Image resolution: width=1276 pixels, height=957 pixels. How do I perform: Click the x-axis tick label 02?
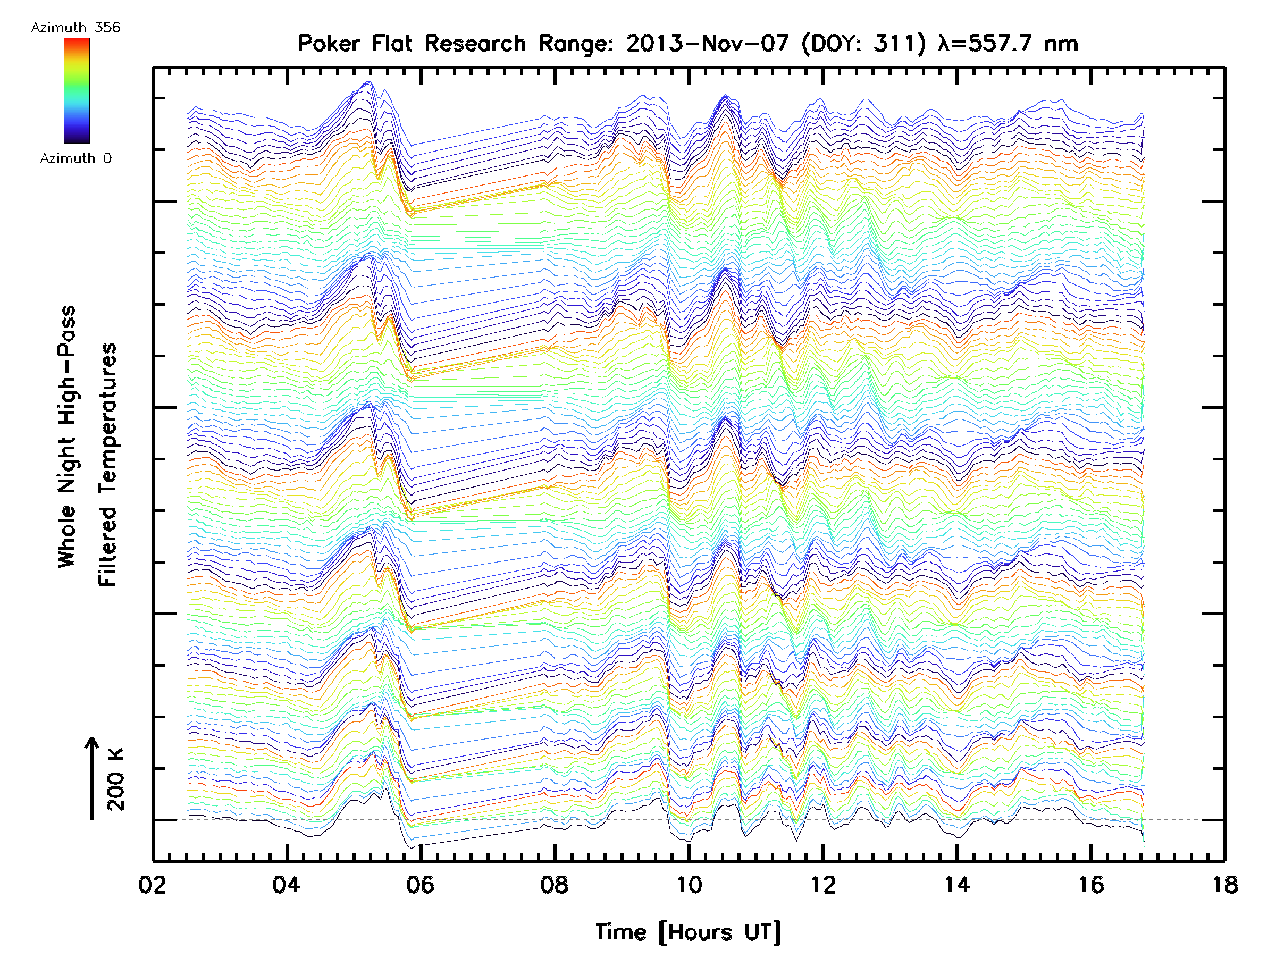click(x=152, y=884)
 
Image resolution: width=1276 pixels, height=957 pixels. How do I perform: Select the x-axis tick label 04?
click(x=286, y=884)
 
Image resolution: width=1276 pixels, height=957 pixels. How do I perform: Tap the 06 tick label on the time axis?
click(x=420, y=884)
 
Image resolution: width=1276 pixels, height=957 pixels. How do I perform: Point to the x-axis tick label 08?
click(x=555, y=884)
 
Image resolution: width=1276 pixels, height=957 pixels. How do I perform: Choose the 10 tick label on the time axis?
click(x=689, y=884)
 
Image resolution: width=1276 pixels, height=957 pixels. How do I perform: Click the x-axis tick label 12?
click(x=822, y=884)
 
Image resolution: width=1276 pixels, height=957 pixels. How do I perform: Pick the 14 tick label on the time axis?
click(x=956, y=884)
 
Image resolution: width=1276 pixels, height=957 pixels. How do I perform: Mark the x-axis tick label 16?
click(x=1091, y=884)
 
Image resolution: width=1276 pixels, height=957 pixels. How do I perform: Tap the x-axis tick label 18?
click(x=1224, y=884)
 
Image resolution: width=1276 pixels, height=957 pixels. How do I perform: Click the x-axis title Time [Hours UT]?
click(x=687, y=932)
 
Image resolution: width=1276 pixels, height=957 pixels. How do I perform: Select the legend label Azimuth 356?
click(x=75, y=28)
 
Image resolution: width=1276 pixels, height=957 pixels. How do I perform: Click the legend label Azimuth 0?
click(x=75, y=158)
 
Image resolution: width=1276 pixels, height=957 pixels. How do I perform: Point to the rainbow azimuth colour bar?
click(x=77, y=90)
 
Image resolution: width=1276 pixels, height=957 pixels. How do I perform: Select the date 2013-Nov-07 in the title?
click(x=707, y=44)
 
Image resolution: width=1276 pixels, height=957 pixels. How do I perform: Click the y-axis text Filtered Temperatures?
click(x=107, y=464)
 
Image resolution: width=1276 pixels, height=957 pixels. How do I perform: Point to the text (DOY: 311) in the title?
click(x=863, y=44)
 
